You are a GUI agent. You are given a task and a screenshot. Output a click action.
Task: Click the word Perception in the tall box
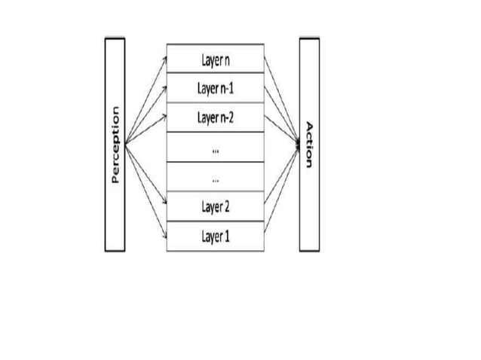point(115,144)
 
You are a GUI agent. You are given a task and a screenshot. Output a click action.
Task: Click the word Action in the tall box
point(308,144)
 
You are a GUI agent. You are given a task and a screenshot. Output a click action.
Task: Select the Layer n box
point(215,58)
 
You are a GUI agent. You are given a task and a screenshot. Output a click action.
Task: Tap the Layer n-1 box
point(215,88)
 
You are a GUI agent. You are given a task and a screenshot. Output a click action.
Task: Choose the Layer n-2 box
point(215,117)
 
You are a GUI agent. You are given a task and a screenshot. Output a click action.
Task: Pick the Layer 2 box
point(215,206)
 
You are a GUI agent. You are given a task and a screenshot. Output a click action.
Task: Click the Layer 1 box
point(215,236)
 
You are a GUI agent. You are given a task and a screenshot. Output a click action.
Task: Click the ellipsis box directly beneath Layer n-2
point(215,148)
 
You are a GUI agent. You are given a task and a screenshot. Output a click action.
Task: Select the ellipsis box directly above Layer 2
point(215,177)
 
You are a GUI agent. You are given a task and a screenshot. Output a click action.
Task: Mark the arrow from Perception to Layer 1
point(146,190)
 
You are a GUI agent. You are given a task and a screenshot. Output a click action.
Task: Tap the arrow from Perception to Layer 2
point(146,175)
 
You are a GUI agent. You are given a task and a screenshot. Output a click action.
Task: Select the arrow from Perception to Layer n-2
point(146,130)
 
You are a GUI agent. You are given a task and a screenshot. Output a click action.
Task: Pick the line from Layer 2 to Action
point(281,175)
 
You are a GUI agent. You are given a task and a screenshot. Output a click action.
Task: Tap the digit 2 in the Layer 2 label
point(227,207)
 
